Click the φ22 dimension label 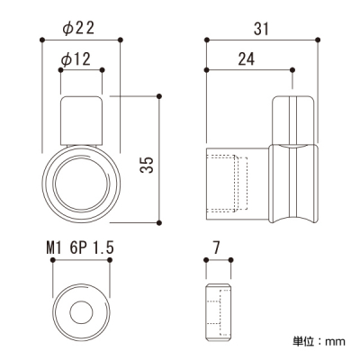coord(78,29)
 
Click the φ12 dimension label coord(76,59)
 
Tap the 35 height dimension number coord(147,165)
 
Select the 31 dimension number coord(262,29)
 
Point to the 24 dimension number coord(247,59)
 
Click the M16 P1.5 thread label coord(80,248)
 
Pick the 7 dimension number coord(216,248)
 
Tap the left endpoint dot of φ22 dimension coord(42,40)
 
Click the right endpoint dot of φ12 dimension coord(102,70)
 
